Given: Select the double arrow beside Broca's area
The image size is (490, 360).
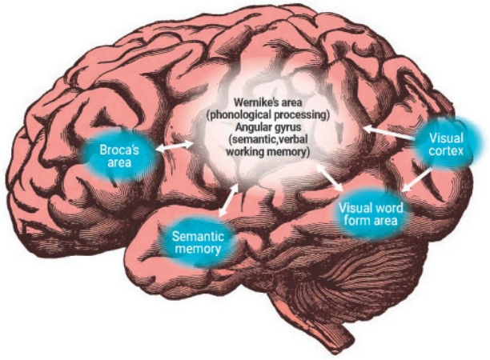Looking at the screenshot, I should click(175, 146).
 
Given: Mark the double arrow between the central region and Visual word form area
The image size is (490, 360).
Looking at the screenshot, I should click(331, 178).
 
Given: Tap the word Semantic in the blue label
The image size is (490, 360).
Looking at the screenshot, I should click(199, 237).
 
